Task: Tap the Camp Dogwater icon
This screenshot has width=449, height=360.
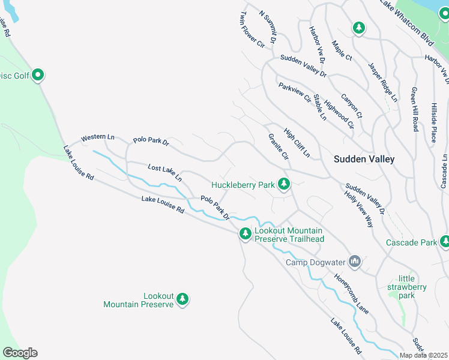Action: pyautogui.click(x=355, y=261)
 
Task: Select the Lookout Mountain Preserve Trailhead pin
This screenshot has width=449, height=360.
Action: pyautogui.click(x=245, y=234)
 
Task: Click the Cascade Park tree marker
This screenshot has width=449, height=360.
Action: pyautogui.click(x=445, y=241)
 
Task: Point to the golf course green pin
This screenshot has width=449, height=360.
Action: pyautogui.click(x=38, y=75)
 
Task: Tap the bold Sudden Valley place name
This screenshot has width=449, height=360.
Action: pyautogui.click(x=364, y=159)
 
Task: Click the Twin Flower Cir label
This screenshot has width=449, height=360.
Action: pyautogui.click(x=252, y=29)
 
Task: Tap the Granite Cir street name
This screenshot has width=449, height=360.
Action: pyautogui.click(x=279, y=147)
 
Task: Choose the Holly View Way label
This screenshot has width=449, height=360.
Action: pyautogui.click(x=358, y=208)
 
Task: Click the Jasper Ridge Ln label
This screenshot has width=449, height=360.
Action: pyautogui.click(x=382, y=82)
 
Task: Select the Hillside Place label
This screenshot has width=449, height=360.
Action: pyautogui.click(x=433, y=122)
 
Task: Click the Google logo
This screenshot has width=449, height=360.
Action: pyautogui.click(x=20, y=353)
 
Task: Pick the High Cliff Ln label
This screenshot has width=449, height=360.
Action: pyautogui.click(x=297, y=144)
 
